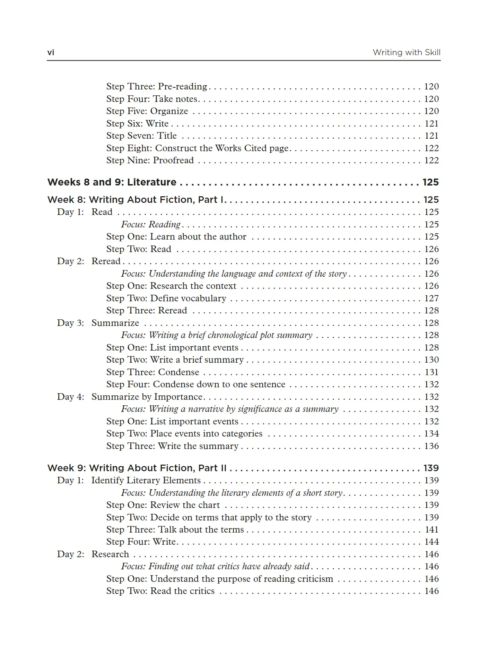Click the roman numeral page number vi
51,53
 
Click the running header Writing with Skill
406,53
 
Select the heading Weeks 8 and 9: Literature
112,182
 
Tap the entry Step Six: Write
137,123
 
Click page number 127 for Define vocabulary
431,298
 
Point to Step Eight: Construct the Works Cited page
197,148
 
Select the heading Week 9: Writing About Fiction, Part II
137,468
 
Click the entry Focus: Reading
151,224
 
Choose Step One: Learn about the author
176,236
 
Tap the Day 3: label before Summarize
70,323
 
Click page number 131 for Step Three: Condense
431,372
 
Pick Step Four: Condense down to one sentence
195,384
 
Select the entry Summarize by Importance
147,397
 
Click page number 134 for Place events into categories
431,433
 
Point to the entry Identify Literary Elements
146,480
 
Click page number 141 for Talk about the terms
431,529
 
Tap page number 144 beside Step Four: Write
431,542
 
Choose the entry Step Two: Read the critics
160,591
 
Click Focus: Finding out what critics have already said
215,566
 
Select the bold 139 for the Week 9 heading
431,468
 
